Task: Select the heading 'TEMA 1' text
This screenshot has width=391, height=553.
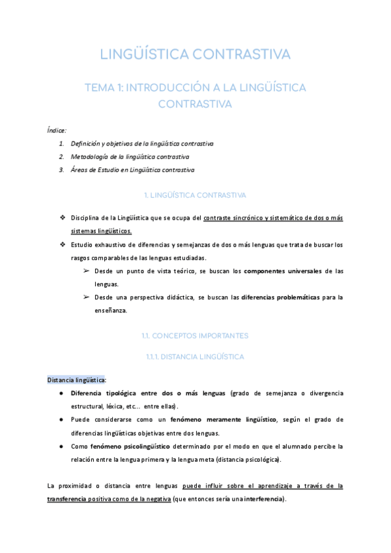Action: point(195,95)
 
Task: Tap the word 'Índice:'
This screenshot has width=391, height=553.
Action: point(57,130)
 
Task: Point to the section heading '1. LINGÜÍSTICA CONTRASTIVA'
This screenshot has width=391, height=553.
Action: point(195,195)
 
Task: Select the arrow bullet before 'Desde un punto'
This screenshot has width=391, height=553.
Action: point(85,271)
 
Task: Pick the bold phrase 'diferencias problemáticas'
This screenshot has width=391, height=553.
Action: point(281,297)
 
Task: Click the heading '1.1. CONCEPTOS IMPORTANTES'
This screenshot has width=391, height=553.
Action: point(195,336)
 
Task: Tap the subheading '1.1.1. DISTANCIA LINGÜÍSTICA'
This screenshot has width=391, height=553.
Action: point(195,357)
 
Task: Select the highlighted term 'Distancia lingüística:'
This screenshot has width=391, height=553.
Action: point(76,380)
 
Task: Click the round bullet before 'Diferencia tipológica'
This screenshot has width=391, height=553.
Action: point(61,394)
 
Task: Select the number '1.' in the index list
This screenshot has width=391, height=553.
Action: point(61,143)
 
